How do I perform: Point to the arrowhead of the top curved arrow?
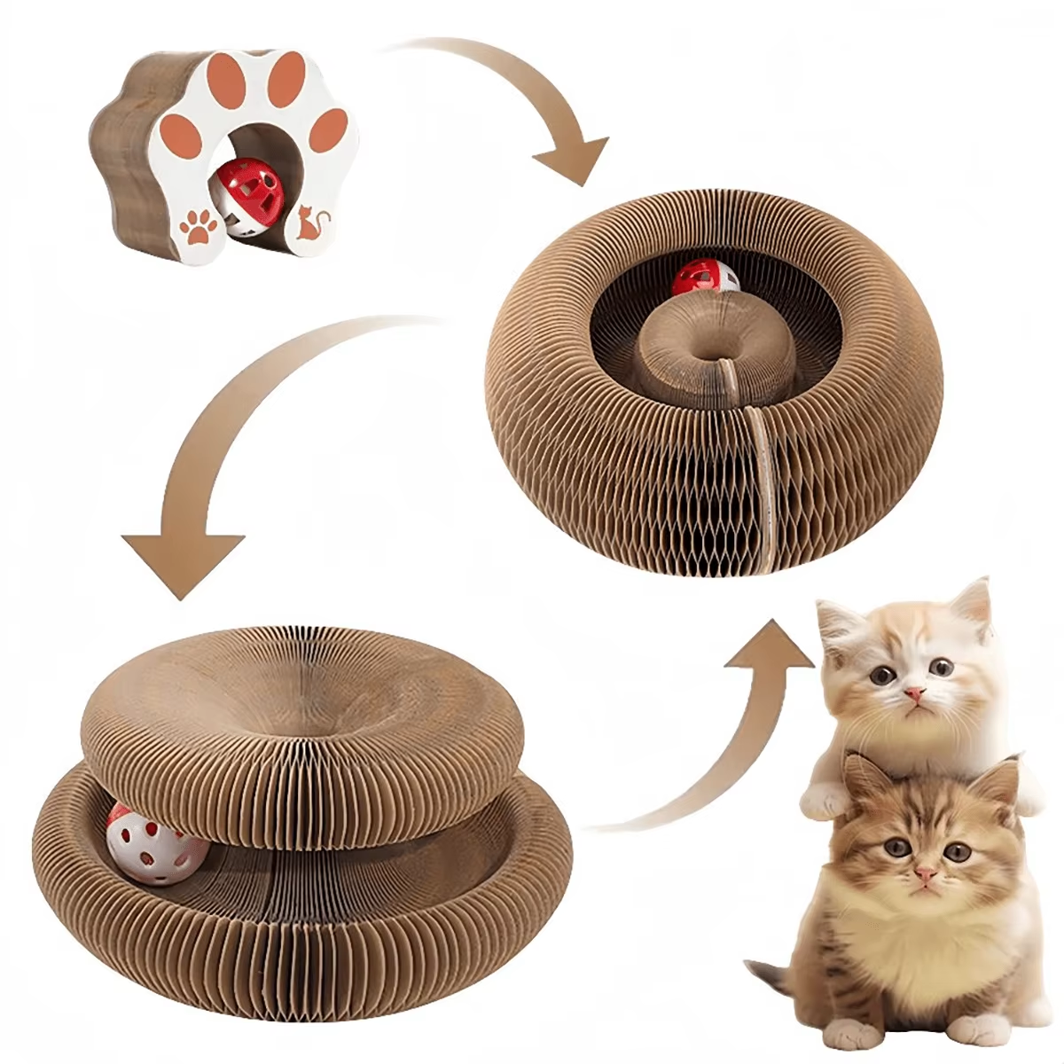pos(572,160)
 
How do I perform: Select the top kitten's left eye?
pos(880,674)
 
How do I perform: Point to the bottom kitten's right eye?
pos(956,852)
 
